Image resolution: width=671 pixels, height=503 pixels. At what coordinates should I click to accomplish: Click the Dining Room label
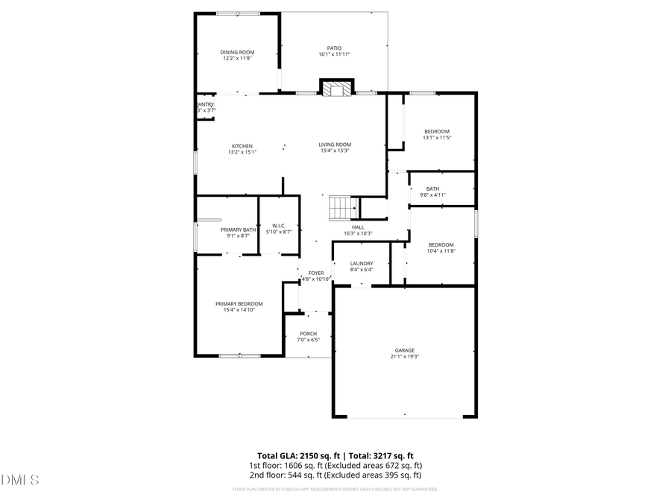(x=237, y=52)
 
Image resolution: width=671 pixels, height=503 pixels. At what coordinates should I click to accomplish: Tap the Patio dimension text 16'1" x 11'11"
(x=334, y=54)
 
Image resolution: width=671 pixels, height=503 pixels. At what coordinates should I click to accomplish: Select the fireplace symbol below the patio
(x=336, y=89)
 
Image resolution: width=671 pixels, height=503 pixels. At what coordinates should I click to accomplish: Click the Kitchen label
(x=242, y=145)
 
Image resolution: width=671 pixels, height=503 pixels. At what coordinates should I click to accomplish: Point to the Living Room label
(x=335, y=145)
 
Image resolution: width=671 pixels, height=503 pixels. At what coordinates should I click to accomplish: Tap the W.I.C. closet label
(x=279, y=226)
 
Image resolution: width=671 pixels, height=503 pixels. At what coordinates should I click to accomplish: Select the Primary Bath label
(x=238, y=230)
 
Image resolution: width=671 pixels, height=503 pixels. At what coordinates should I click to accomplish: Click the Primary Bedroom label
(x=239, y=303)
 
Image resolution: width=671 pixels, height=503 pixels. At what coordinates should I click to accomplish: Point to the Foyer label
(x=316, y=273)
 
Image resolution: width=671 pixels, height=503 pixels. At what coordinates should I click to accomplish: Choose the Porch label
(x=308, y=334)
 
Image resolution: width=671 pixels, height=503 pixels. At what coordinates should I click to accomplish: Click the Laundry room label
(x=362, y=263)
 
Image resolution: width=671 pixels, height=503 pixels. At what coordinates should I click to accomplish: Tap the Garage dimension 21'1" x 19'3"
(x=405, y=356)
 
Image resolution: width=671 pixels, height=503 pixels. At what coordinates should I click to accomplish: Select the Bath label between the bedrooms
(x=433, y=189)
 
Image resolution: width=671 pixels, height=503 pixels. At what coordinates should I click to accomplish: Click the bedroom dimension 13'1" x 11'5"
(x=437, y=137)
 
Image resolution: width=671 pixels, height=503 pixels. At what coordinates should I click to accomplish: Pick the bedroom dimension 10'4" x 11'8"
(x=441, y=251)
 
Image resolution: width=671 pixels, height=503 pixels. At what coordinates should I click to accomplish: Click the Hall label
(x=358, y=227)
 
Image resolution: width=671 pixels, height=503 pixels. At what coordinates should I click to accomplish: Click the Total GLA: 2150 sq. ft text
(x=294, y=455)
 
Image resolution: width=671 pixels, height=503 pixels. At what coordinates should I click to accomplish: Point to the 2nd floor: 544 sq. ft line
(x=335, y=475)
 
